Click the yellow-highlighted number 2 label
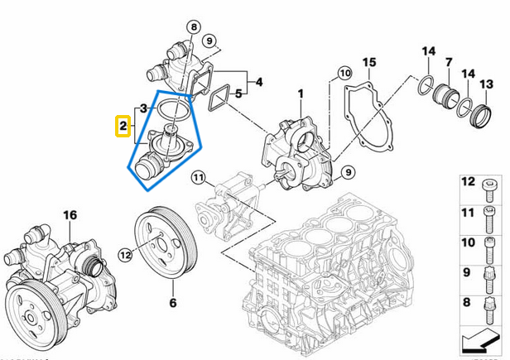coord(122,127)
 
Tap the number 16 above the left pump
coord(70,215)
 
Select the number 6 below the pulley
coord(173,304)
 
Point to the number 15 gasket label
coord(369,62)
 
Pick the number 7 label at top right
coord(448,62)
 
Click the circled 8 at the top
coord(193,26)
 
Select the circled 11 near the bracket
coord(198,177)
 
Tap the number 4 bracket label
coord(259,82)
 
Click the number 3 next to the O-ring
coord(143,108)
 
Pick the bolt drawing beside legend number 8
coord(489,312)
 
